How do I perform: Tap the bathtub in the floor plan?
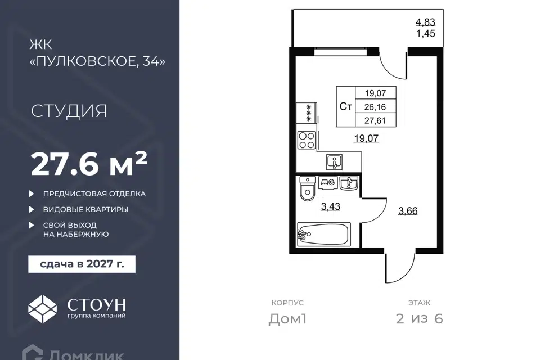coord(324,234)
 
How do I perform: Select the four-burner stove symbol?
coord(307,140)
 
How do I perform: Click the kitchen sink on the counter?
coord(335,162)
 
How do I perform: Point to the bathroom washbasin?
coord(349,183)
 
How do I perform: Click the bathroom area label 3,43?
coord(331,206)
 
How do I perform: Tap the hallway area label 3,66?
coord(408,211)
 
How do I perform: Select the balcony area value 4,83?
coord(426,22)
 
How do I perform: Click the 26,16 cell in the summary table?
coord(375,107)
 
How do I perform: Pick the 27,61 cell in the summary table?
coord(375,120)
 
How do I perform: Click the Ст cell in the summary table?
coord(346,107)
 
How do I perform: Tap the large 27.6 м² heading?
coord(89,164)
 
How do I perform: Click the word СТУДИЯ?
coord(69,111)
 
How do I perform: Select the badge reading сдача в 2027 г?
coord(82,264)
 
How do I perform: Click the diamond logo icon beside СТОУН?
coord(42,309)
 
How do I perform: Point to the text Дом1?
coord(287,319)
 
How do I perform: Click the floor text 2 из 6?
coord(420,319)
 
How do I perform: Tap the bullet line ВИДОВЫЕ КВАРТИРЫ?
coord(85,209)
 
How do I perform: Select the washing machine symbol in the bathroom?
coord(327,183)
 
